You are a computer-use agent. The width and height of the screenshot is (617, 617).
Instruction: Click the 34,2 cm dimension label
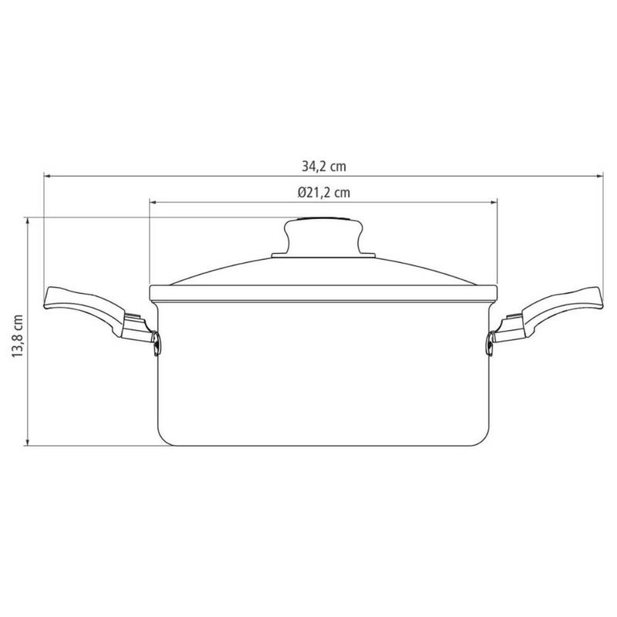324,167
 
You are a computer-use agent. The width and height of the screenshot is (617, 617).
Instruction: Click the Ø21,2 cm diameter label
324,193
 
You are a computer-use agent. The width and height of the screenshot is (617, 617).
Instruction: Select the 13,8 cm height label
18,335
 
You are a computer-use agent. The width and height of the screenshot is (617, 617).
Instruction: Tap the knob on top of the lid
323,236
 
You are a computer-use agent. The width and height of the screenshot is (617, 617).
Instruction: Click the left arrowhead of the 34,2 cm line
47,177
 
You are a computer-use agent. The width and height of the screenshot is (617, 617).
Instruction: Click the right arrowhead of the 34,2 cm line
599,177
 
